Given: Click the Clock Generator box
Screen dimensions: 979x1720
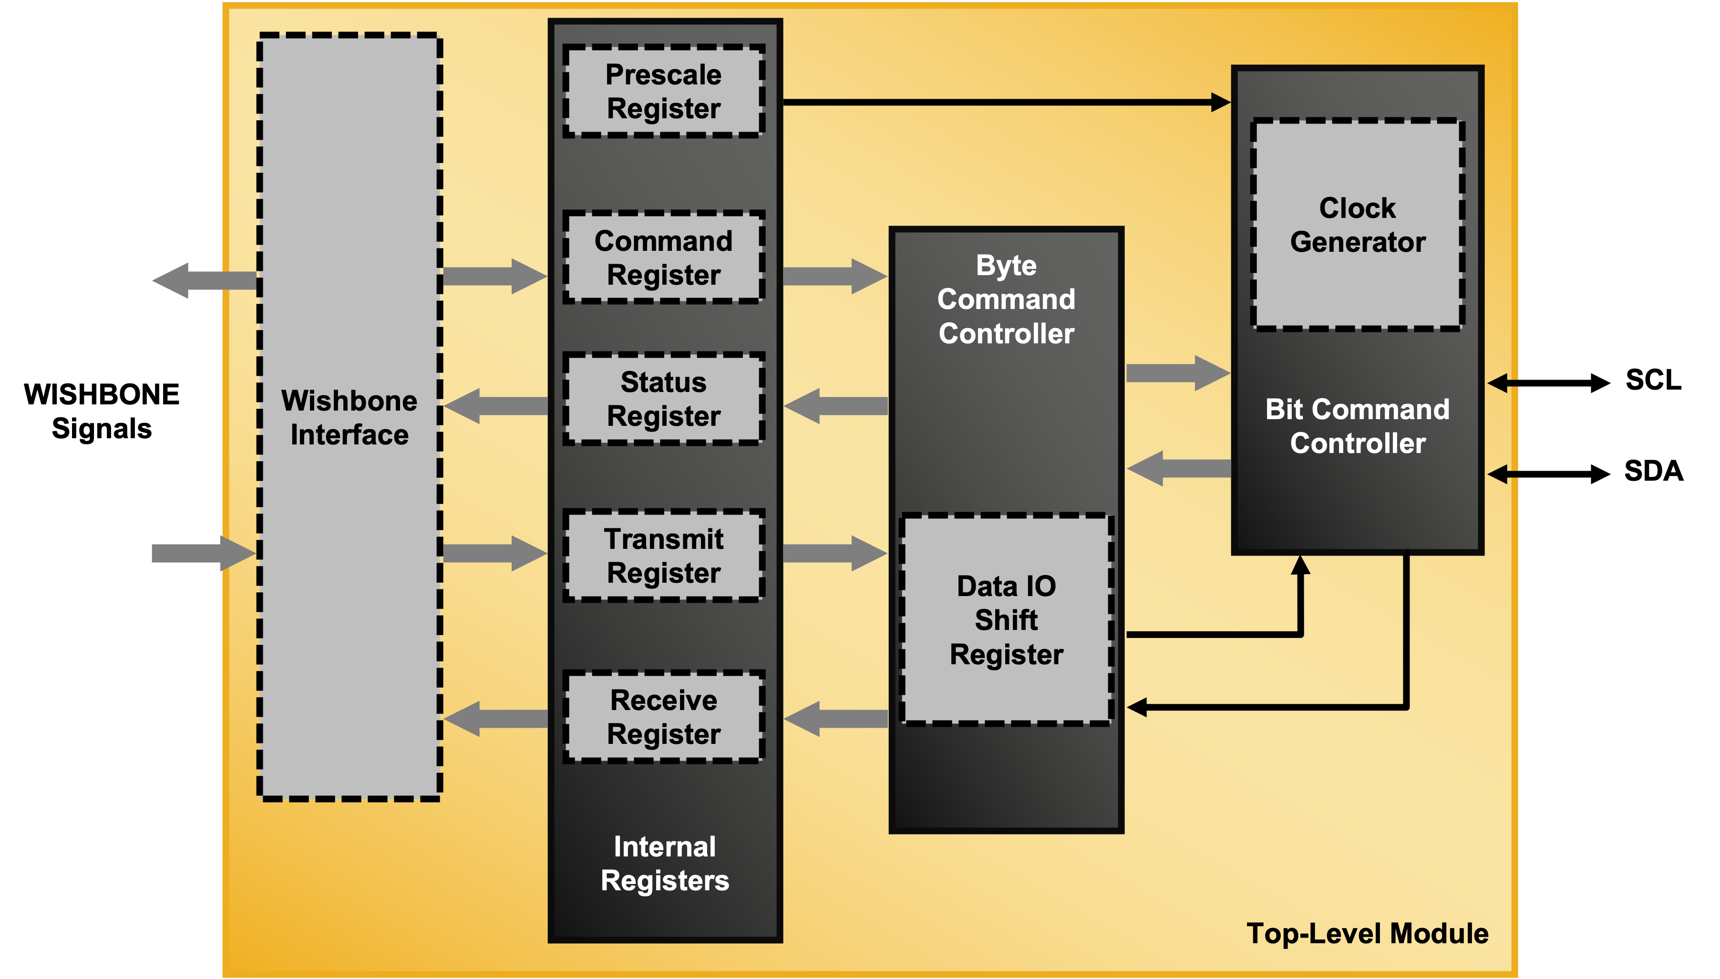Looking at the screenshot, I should coord(1357,225).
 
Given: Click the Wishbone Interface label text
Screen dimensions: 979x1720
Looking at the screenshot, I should coord(349,418).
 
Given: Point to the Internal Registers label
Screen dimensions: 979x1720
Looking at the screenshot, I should coord(664,863).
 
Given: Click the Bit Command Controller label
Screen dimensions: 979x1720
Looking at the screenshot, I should coord(1357,426).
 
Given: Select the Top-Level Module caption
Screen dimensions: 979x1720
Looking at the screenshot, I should coord(1367,933).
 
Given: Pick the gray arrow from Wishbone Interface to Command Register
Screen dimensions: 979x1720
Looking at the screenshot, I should coord(494,277).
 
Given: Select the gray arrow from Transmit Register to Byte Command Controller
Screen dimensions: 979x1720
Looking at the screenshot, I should coord(834,553).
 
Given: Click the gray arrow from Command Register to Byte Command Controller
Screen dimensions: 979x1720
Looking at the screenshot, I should coord(834,277).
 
